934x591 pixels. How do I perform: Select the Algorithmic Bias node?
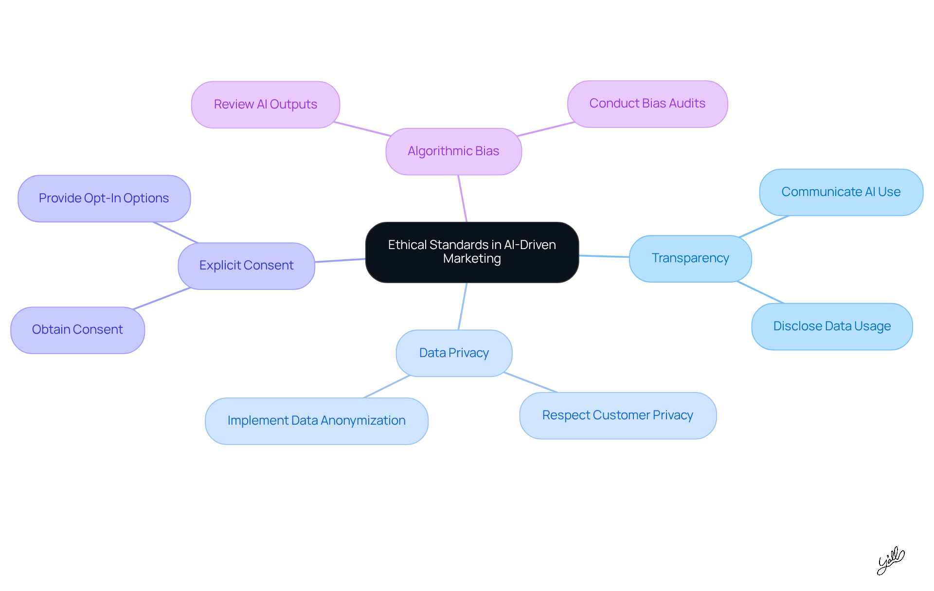coord(453,151)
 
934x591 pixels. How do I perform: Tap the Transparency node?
coord(690,258)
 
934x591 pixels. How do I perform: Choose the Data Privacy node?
coord(454,353)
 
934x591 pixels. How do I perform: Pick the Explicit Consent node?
coord(246,266)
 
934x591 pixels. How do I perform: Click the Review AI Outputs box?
coord(265,105)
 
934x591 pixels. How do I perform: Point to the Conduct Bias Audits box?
coord(647,104)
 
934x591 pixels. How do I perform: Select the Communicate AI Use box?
coord(841,192)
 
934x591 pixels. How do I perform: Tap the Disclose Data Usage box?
coord(832,326)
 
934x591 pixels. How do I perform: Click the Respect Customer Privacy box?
coord(617,415)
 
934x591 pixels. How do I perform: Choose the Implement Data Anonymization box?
coord(316,421)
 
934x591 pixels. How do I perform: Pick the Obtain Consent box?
coord(77,330)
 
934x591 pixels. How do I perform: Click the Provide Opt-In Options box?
coord(104,198)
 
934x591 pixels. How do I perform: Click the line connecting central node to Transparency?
coord(604,256)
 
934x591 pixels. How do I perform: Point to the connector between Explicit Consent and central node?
coord(340,260)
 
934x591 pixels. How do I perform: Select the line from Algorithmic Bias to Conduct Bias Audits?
coord(546,129)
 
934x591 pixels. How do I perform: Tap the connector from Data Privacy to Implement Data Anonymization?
coord(387,387)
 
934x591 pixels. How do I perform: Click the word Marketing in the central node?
coord(472,259)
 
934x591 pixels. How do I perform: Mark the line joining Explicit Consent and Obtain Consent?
coord(162,298)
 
